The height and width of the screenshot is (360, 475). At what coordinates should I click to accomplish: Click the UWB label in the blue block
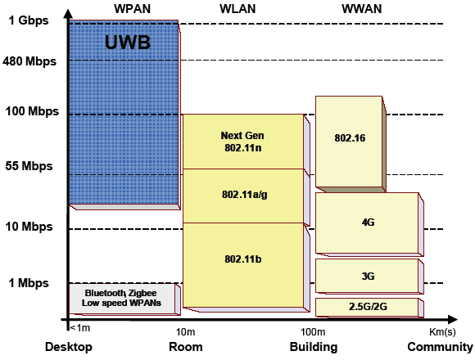pyautogui.click(x=128, y=43)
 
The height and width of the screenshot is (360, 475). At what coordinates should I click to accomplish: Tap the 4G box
pyautogui.click(x=369, y=224)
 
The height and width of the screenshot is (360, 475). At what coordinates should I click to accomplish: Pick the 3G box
pyautogui.click(x=369, y=277)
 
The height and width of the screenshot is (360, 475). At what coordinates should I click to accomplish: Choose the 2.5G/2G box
pyautogui.click(x=369, y=308)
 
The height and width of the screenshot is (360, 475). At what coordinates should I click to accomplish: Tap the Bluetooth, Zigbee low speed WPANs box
pyautogui.click(x=124, y=299)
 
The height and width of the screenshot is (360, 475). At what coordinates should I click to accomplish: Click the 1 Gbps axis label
pyautogui.click(x=29, y=20)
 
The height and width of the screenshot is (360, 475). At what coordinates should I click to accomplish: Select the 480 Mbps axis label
pyautogui.click(x=29, y=61)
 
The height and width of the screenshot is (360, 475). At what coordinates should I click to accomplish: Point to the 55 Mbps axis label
pyautogui.click(x=29, y=166)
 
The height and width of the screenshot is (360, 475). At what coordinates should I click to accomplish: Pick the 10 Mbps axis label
pyautogui.click(x=29, y=227)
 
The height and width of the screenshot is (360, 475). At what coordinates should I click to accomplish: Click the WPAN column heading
pyautogui.click(x=132, y=9)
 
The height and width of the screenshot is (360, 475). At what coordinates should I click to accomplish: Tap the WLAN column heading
pyautogui.click(x=237, y=9)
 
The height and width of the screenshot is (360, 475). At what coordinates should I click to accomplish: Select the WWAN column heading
pyautogui.click(x=361, y=9)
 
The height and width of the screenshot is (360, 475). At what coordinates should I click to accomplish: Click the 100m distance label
pyautogui.click(x=313, y=332)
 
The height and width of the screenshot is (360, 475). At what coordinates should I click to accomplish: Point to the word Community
pyautogui.click(x=440, y=347)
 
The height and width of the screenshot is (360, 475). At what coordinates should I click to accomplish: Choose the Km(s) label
pyautogui.click(x=442, y=332)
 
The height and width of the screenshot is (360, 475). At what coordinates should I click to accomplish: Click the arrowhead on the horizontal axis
pyautogui.click(x=452, y=319)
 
